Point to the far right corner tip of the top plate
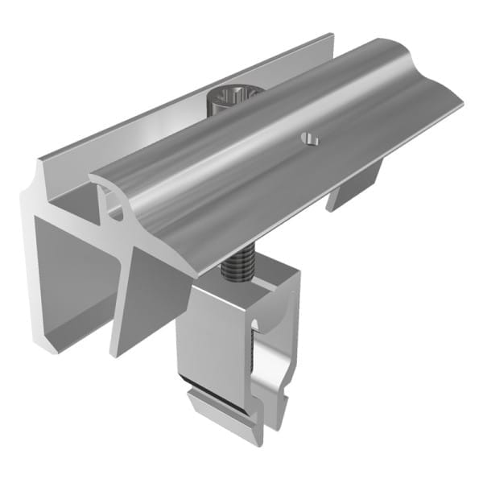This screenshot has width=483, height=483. tap(460, 104)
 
